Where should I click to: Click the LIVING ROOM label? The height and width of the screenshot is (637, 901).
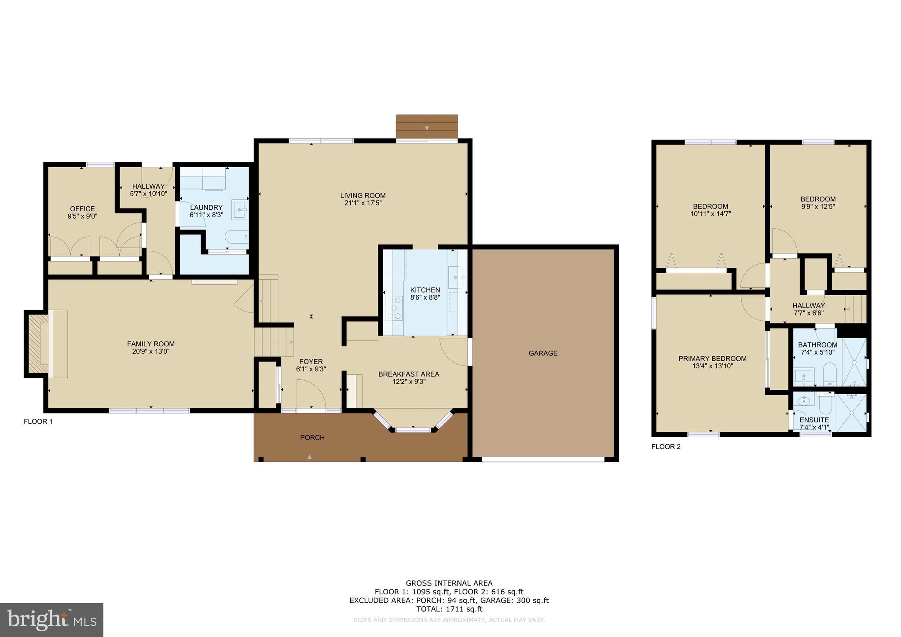pyautogui.click(x=363, y=195)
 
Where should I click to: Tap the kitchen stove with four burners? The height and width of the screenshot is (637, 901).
pyautogui.click(x=394, y=308)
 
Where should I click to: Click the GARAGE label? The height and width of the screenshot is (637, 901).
pyautogui.click(x=543, y=353)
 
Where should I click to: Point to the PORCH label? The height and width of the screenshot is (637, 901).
pyautogui.click(x=312, y=437)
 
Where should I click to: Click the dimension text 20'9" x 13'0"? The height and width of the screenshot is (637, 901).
pyautogui.click(x=151, y=351)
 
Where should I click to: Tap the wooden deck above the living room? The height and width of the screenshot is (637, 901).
pyautogui.click(x=426, y=126)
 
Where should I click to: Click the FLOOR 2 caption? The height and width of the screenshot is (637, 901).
pyautogui.click(x=666, y=447)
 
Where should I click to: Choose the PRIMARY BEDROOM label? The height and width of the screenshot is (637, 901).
pyautogui.click(x=712, y=359)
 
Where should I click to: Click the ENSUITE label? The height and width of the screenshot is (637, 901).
pyautogui.click(x=814, y=420)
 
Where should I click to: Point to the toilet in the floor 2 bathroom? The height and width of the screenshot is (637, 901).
pyautogui.click(x=829, y=373)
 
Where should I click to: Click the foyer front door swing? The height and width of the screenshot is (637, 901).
pyautogui.click(x=311, y=395)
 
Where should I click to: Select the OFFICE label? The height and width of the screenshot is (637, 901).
pyautogui.click(x=82, y=209)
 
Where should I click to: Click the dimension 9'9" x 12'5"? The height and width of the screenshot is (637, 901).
pyautogui.click(x=818, y=206)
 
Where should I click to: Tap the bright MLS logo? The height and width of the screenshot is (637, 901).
pyautogui.click(x=52, y=620)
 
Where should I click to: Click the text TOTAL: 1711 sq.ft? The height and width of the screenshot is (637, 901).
pyautogui.click(x=449, y=609)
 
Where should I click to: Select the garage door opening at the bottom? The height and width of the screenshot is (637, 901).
pyautogui.click(x=543, y=460)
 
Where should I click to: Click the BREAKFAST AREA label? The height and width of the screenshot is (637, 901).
pyautogui.click(x=409, y=374)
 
